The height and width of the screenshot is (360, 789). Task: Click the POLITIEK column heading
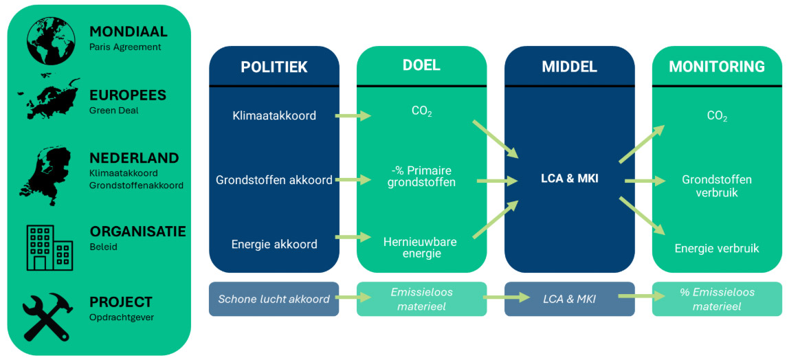click(x=274, y=67)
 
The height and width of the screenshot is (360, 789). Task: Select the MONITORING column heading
click(x=717, y=67)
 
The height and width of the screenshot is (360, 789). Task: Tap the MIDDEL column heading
click(x=569, y=67)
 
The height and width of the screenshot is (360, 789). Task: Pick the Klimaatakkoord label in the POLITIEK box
click(x=274, y=115)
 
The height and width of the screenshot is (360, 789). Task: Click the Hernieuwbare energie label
click(x=420, y=247)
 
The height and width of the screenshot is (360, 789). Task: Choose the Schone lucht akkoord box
click(x=274, y=299)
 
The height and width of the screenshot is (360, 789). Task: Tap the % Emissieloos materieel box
click(x=717, y=299)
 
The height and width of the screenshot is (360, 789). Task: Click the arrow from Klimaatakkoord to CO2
click(x=352, y=116)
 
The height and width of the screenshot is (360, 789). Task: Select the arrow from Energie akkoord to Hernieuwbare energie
click(x=352, y=238)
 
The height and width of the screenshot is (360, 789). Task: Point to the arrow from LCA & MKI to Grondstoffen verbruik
click(x=645, y=181)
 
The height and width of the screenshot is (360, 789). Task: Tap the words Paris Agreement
click(x=125, y=47)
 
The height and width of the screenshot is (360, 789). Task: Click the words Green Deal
click(x=113, y=110)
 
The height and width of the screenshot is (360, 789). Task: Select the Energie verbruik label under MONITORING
click(x=717, y=248)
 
